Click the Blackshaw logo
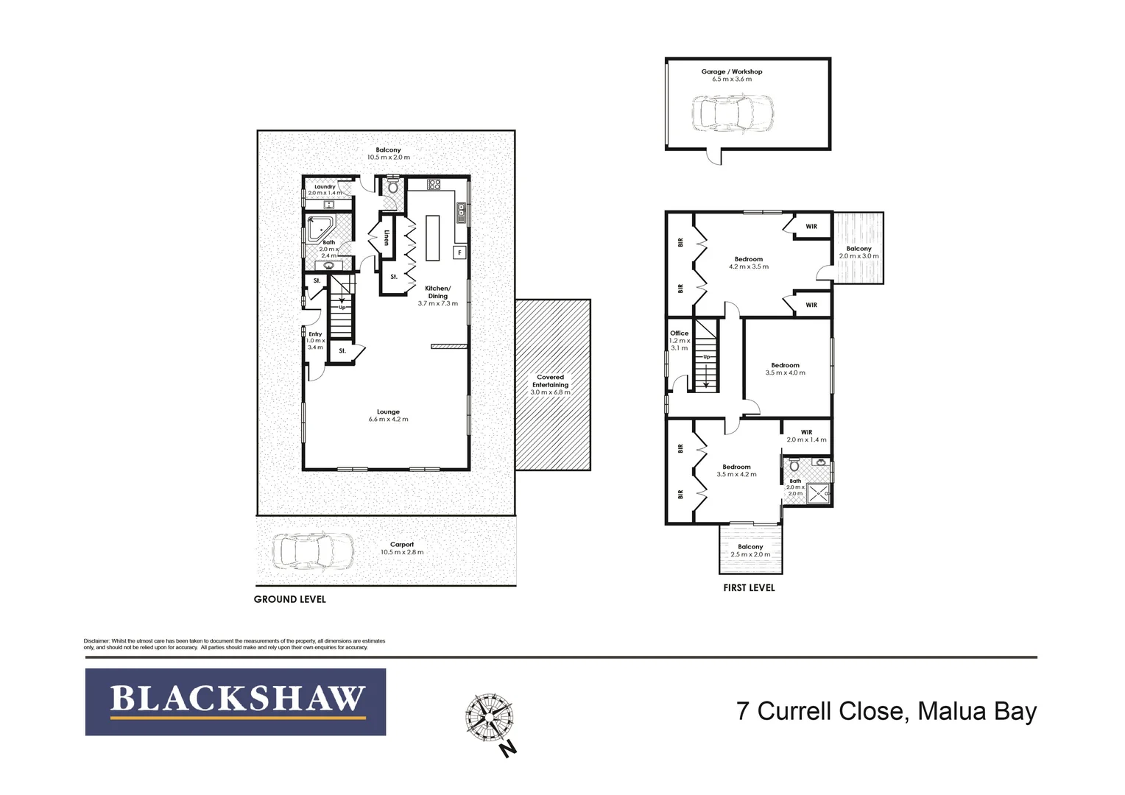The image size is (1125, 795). click(236, 702)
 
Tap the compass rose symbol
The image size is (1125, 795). click(489, 717)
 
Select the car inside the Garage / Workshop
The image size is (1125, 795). click(733, 113)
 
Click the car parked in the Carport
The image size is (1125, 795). click(313, 551)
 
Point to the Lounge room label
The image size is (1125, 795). click(388, 415)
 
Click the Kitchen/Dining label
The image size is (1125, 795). click(437, 295)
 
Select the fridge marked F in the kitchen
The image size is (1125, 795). click(459, 252)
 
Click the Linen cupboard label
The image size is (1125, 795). click(387, 237)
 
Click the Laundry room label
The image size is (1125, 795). click(325, 189)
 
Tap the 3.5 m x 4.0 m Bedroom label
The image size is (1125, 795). click(785, 369)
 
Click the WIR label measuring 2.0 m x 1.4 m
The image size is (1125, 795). click(806, 436)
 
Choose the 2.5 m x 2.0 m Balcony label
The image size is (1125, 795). click(750, 551)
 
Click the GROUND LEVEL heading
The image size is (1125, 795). click(289, 599)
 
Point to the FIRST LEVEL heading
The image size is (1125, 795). click(749, 587)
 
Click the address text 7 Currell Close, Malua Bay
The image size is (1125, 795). click(886, 711)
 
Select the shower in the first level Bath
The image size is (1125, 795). click(818, 492)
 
